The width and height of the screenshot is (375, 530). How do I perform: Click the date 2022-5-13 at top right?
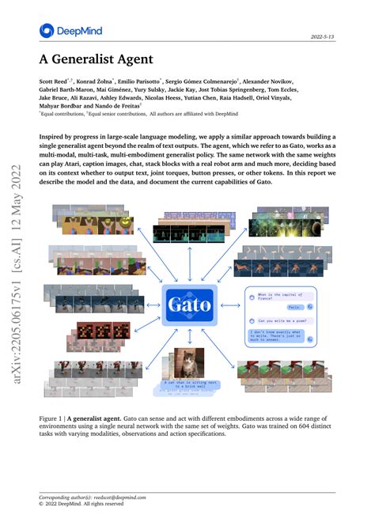pyautogui.click(x=324, y=37)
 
